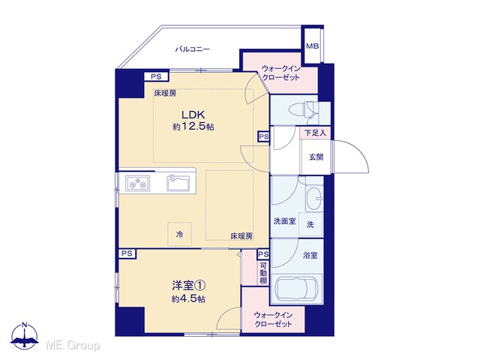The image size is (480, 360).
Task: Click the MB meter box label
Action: coord(312,46)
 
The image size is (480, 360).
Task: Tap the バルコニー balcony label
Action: coord(192,49)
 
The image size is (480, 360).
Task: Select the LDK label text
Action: coord(193,115)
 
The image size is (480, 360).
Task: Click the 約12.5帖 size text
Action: coord(193,127)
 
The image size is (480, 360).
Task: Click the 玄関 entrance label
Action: coord(316,157)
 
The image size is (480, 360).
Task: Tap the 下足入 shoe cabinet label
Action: coord(315,133)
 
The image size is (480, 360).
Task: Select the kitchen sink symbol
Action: coord(178,183)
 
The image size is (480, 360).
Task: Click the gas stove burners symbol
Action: coord(138,183)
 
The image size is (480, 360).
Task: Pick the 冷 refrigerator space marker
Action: coord(180,235)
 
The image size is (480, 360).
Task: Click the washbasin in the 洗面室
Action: coord(314,198)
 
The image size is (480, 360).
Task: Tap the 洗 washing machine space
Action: coord(310,225)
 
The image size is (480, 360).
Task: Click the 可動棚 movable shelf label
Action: coord(263,272)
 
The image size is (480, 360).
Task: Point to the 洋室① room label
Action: coord(188,286)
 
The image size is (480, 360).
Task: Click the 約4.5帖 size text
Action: coord(188,298)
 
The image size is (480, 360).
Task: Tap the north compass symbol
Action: coord(25,336)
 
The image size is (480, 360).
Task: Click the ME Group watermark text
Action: coord(73,346)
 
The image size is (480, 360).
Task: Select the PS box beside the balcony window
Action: coord(156,76)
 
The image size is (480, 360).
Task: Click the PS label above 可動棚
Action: coord(263,254)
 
